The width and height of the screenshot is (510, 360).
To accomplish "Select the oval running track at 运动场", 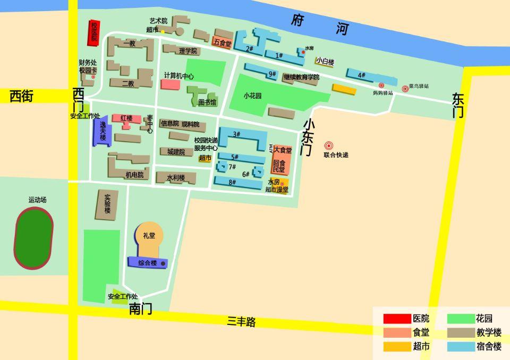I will [x=33, y=238].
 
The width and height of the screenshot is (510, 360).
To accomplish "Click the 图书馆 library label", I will [x=207, y=102].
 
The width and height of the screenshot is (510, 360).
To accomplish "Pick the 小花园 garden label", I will [x=253, y=96].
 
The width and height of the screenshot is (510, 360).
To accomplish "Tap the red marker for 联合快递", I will [x=328, y=145].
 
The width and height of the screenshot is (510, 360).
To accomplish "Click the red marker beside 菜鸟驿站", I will [x=405, y=89].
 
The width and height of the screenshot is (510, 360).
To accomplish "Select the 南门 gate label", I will [x=140, y=308].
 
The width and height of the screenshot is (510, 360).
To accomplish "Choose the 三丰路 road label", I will [x=242, y=322].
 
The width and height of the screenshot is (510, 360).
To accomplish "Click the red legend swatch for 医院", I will [x=397, y=319].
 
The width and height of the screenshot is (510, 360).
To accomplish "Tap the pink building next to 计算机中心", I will [x=170, y=84].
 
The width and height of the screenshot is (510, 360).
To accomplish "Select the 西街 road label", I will [x=21, y=96].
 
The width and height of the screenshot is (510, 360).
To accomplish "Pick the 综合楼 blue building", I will [x=147, y=262].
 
